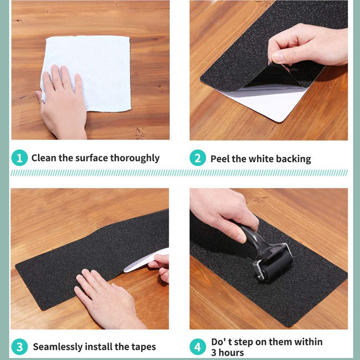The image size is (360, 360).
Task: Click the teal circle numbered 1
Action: point(19,158)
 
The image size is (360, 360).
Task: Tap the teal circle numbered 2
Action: point(198,158)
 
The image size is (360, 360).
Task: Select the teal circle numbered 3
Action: point(19,346)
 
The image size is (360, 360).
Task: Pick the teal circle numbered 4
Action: point(198,346)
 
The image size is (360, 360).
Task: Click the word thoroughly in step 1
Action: point(135,158)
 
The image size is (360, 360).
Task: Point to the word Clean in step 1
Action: point(44,158)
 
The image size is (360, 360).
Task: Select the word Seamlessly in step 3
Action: point(58,347)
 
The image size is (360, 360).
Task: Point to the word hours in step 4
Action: point(231,353)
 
